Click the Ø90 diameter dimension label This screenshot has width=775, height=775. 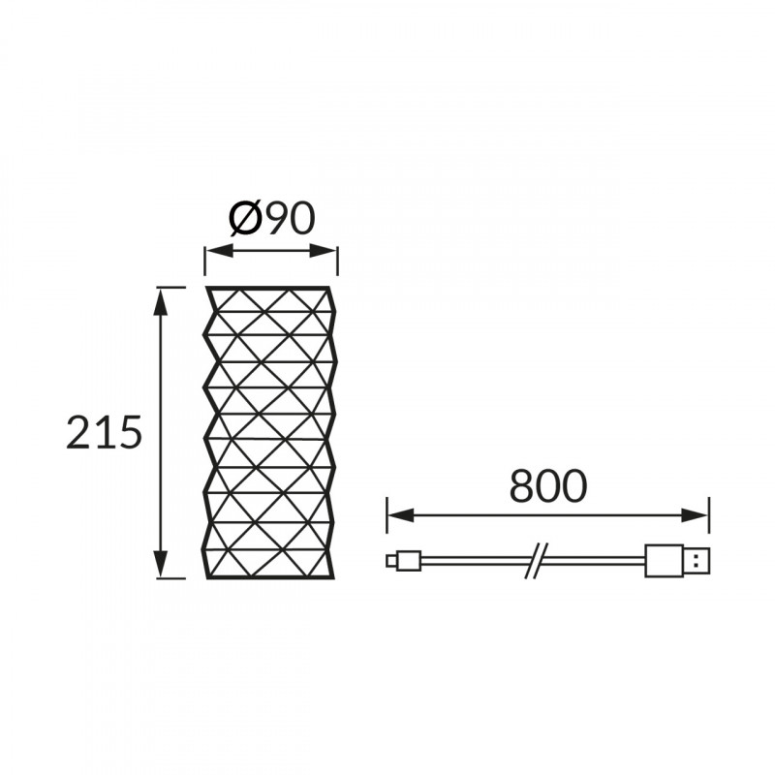tap(272, 218)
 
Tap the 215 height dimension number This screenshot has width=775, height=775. tap(104, 432)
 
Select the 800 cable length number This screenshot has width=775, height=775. tap(548, 485)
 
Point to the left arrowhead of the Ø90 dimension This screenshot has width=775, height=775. tap(219, 251)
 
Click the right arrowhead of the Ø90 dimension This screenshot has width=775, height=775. tap(324, 251)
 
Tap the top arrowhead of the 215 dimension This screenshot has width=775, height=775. tap(159, 300)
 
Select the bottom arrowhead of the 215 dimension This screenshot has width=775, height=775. tap(159, 564)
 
